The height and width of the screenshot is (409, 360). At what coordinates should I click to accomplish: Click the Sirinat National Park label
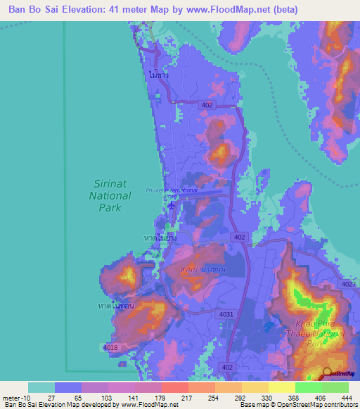[x=111, y=195]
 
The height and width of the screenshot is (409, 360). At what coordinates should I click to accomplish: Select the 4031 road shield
[x=226, y=314]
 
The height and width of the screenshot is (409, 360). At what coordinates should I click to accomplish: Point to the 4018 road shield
[x=111, y=347]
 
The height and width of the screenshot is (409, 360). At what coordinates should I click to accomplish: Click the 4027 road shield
[x=349, y=285]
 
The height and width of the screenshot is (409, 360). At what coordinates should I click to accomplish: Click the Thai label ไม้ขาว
[x=159, y=73]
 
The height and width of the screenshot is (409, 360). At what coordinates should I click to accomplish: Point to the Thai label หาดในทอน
[x=115, y=306]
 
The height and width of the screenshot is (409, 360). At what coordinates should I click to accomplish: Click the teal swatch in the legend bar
[x=41, y=388]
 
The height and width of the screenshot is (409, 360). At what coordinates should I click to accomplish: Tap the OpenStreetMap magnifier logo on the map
[x=326, y=374]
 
